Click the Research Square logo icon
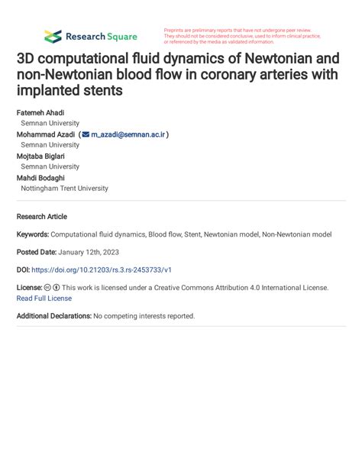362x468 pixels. [x=52, y=36]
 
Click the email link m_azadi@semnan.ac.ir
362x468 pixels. [x=128, y=134]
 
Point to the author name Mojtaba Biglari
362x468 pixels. [x=40, y=156]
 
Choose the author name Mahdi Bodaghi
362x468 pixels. [x=40, y=177]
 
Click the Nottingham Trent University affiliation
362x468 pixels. [x=64, y=188]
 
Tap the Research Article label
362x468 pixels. [x=42, y=216]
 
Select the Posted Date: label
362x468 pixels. [x=37, y=252]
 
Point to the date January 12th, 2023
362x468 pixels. [x=89, y=252]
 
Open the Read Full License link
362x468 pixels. [x=44, y=299]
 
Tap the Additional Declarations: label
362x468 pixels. [x=53, y=315]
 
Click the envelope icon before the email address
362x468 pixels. [x=86, y=134]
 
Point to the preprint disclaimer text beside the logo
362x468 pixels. [x=241, y=36]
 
